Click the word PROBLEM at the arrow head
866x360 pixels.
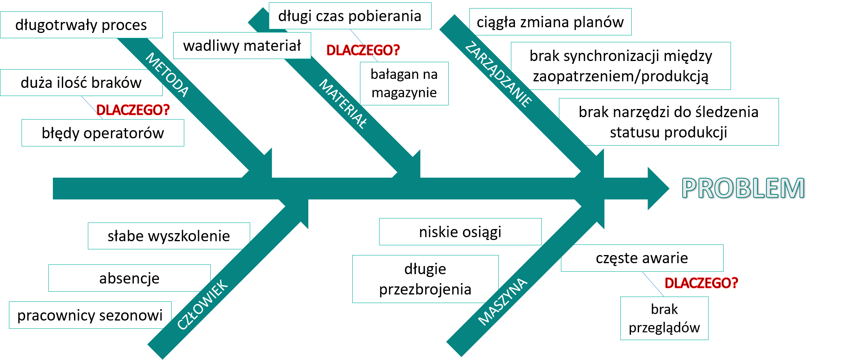coord(743,188)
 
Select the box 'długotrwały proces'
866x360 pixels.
coord(81,25)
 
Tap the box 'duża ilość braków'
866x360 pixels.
coord(81,83)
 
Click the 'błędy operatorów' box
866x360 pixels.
coord(103,133)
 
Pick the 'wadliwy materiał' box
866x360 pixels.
coord(242,46)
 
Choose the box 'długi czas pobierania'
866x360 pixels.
coord(350,16)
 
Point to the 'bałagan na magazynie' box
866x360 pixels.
coord(404,83)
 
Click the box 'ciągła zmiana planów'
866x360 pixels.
coord(550,22)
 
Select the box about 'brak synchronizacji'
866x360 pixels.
coord(621,66)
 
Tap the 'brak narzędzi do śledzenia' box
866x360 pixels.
coord(668,122)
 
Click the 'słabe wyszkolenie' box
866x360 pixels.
coord(168,236)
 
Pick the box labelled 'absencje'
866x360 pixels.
coord(129,278)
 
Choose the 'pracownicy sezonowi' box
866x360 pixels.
coord(90,315)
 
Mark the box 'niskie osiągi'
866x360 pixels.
coord(460,232)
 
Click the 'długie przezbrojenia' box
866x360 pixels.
coord(425,279)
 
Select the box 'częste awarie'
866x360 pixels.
coord(642,258)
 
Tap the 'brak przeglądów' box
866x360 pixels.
coord(664,318)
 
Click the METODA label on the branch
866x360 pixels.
coord(167,75)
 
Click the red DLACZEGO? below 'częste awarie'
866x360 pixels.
coord(701,283)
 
